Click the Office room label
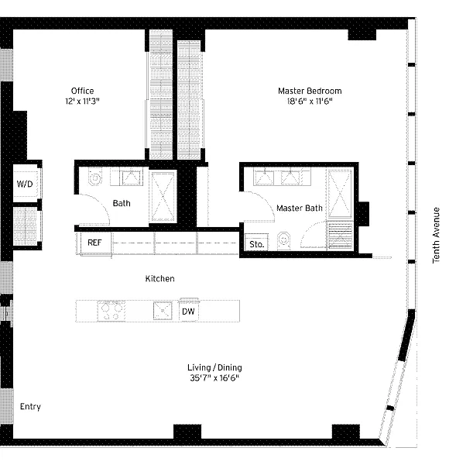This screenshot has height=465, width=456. [82, 91]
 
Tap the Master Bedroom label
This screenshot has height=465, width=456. [310, 91]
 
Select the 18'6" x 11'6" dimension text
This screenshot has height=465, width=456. [310, 102]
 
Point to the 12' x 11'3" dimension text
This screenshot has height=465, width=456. [82, 102]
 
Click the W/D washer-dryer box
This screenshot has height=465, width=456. [26, 184]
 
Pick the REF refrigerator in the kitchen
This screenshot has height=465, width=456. [94, 243]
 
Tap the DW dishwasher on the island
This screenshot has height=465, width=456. [188, 312]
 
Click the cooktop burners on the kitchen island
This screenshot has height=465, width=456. [111, 311]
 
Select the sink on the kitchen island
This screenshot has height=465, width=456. [163, 311]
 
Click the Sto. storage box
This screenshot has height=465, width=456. [256, 244]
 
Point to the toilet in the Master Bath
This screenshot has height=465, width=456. [283, 240]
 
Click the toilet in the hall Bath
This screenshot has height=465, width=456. [94, 177]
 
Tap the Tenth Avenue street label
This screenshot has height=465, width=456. [436, 235]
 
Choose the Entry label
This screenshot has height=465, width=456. [30, 407]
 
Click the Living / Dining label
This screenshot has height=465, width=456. [214, 367]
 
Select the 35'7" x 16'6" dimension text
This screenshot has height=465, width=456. [214, 378]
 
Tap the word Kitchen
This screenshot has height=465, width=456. [159, 278]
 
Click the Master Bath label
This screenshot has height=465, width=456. [300, 208]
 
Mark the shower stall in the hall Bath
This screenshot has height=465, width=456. [163, 196]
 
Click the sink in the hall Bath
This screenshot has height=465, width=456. [131, 177]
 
